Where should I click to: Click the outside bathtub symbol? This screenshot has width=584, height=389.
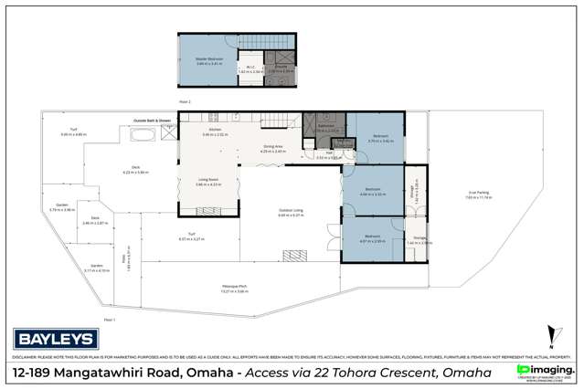click(143, 135)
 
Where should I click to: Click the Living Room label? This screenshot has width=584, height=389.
click(208, 183)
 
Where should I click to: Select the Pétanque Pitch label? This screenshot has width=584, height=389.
click(235, 289)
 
